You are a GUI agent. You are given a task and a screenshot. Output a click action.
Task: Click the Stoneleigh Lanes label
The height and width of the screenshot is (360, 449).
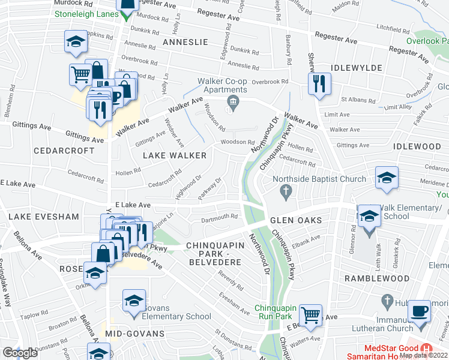click(87, 13)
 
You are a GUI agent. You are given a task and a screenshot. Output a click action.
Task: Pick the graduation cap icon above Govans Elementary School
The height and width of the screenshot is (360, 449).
click(134, 301)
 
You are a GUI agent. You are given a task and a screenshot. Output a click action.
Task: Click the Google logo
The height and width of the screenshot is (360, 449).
click(20, 353)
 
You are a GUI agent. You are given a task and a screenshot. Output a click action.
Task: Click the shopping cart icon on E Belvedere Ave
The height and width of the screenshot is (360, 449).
click(310, 314)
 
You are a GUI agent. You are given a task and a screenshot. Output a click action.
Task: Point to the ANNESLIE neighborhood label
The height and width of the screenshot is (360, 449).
click(185, 42)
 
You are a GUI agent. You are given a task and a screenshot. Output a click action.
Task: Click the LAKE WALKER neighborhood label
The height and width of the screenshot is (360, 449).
click(174, 155)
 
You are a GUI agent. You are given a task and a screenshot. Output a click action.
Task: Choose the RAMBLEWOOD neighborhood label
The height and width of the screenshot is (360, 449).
click(376, 278)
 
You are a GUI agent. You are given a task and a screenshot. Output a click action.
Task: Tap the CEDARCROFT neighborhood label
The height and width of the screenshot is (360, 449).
click(64, 150)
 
